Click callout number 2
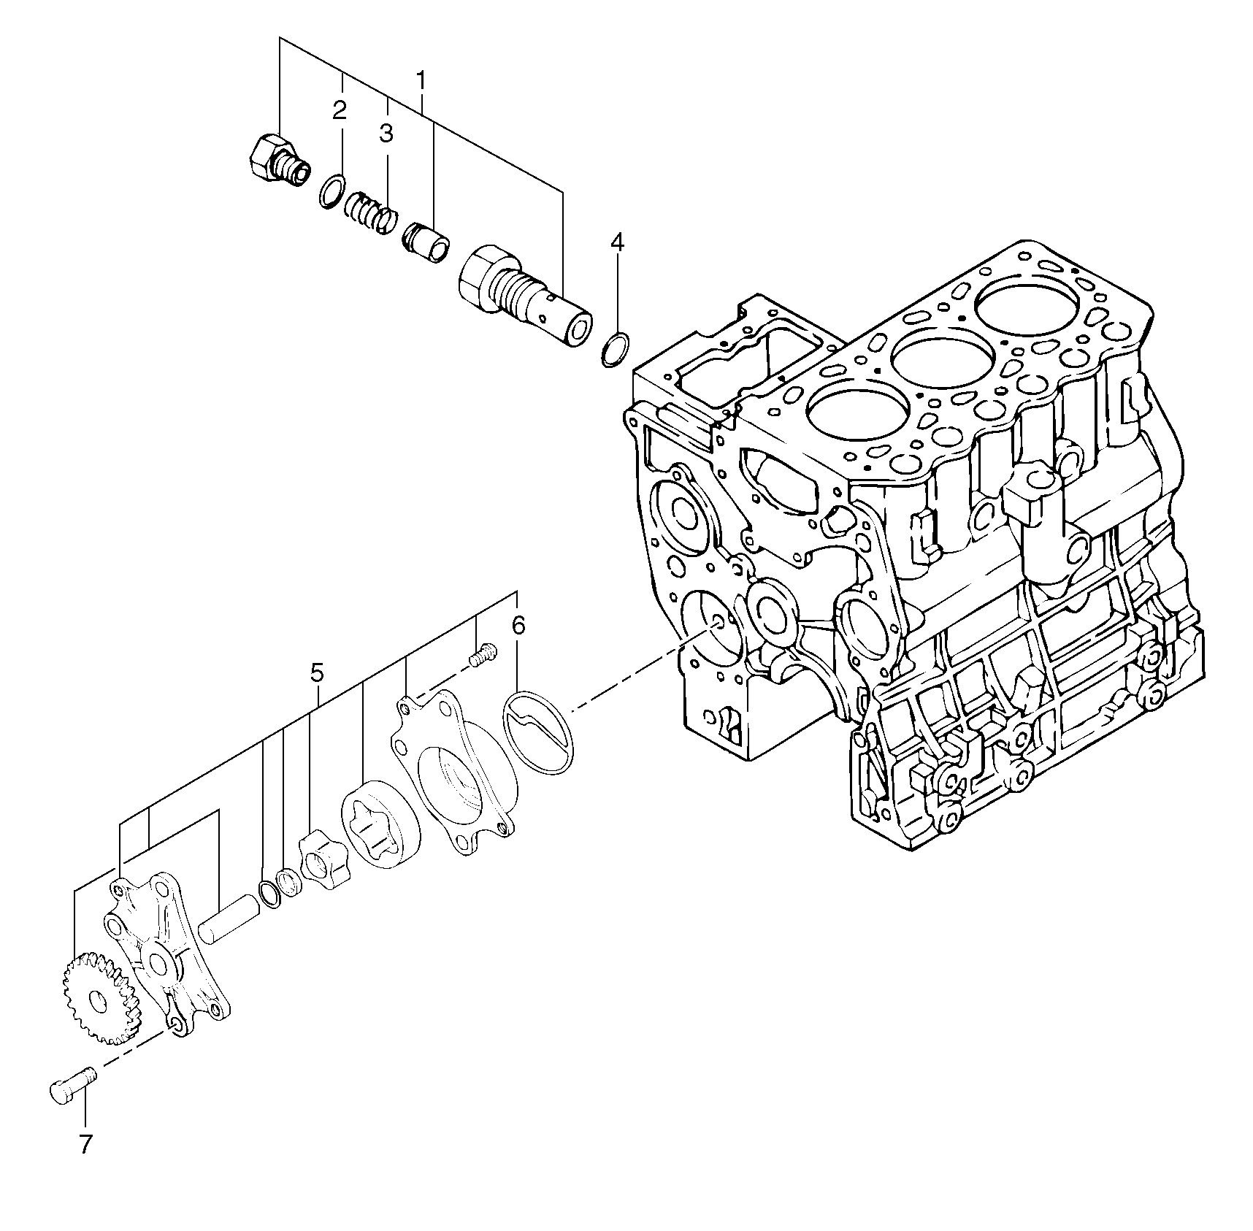click(x=339, y=111)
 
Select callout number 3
click(x=386, y=134)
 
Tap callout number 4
click(x=618, y=242)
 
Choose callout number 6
click(x=518, y=625)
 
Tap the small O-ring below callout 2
click(x=332, y=191)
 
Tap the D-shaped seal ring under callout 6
click(x=539, y=733)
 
